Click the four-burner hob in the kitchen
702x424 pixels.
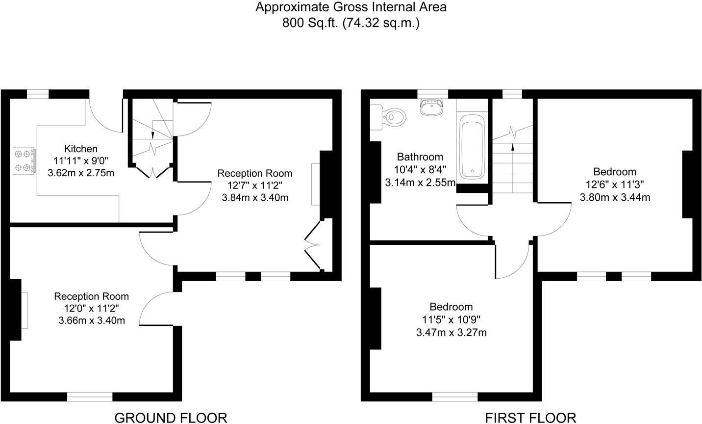[24, 160]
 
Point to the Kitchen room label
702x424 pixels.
[81, 149]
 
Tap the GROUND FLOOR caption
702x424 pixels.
[171, 418]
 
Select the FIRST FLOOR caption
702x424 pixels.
[530, 418]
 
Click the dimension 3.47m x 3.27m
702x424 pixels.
[451, 332]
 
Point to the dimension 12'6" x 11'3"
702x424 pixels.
[615, 185]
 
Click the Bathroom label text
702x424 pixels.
[420, 157]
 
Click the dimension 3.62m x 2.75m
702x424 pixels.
[81, 173]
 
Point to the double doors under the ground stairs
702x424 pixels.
[153, 172]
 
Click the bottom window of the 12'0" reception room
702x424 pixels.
[90, 396]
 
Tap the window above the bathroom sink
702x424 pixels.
[432, 94]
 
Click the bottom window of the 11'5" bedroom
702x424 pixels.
[455, 396]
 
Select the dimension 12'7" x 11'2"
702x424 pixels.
[255, 185]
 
